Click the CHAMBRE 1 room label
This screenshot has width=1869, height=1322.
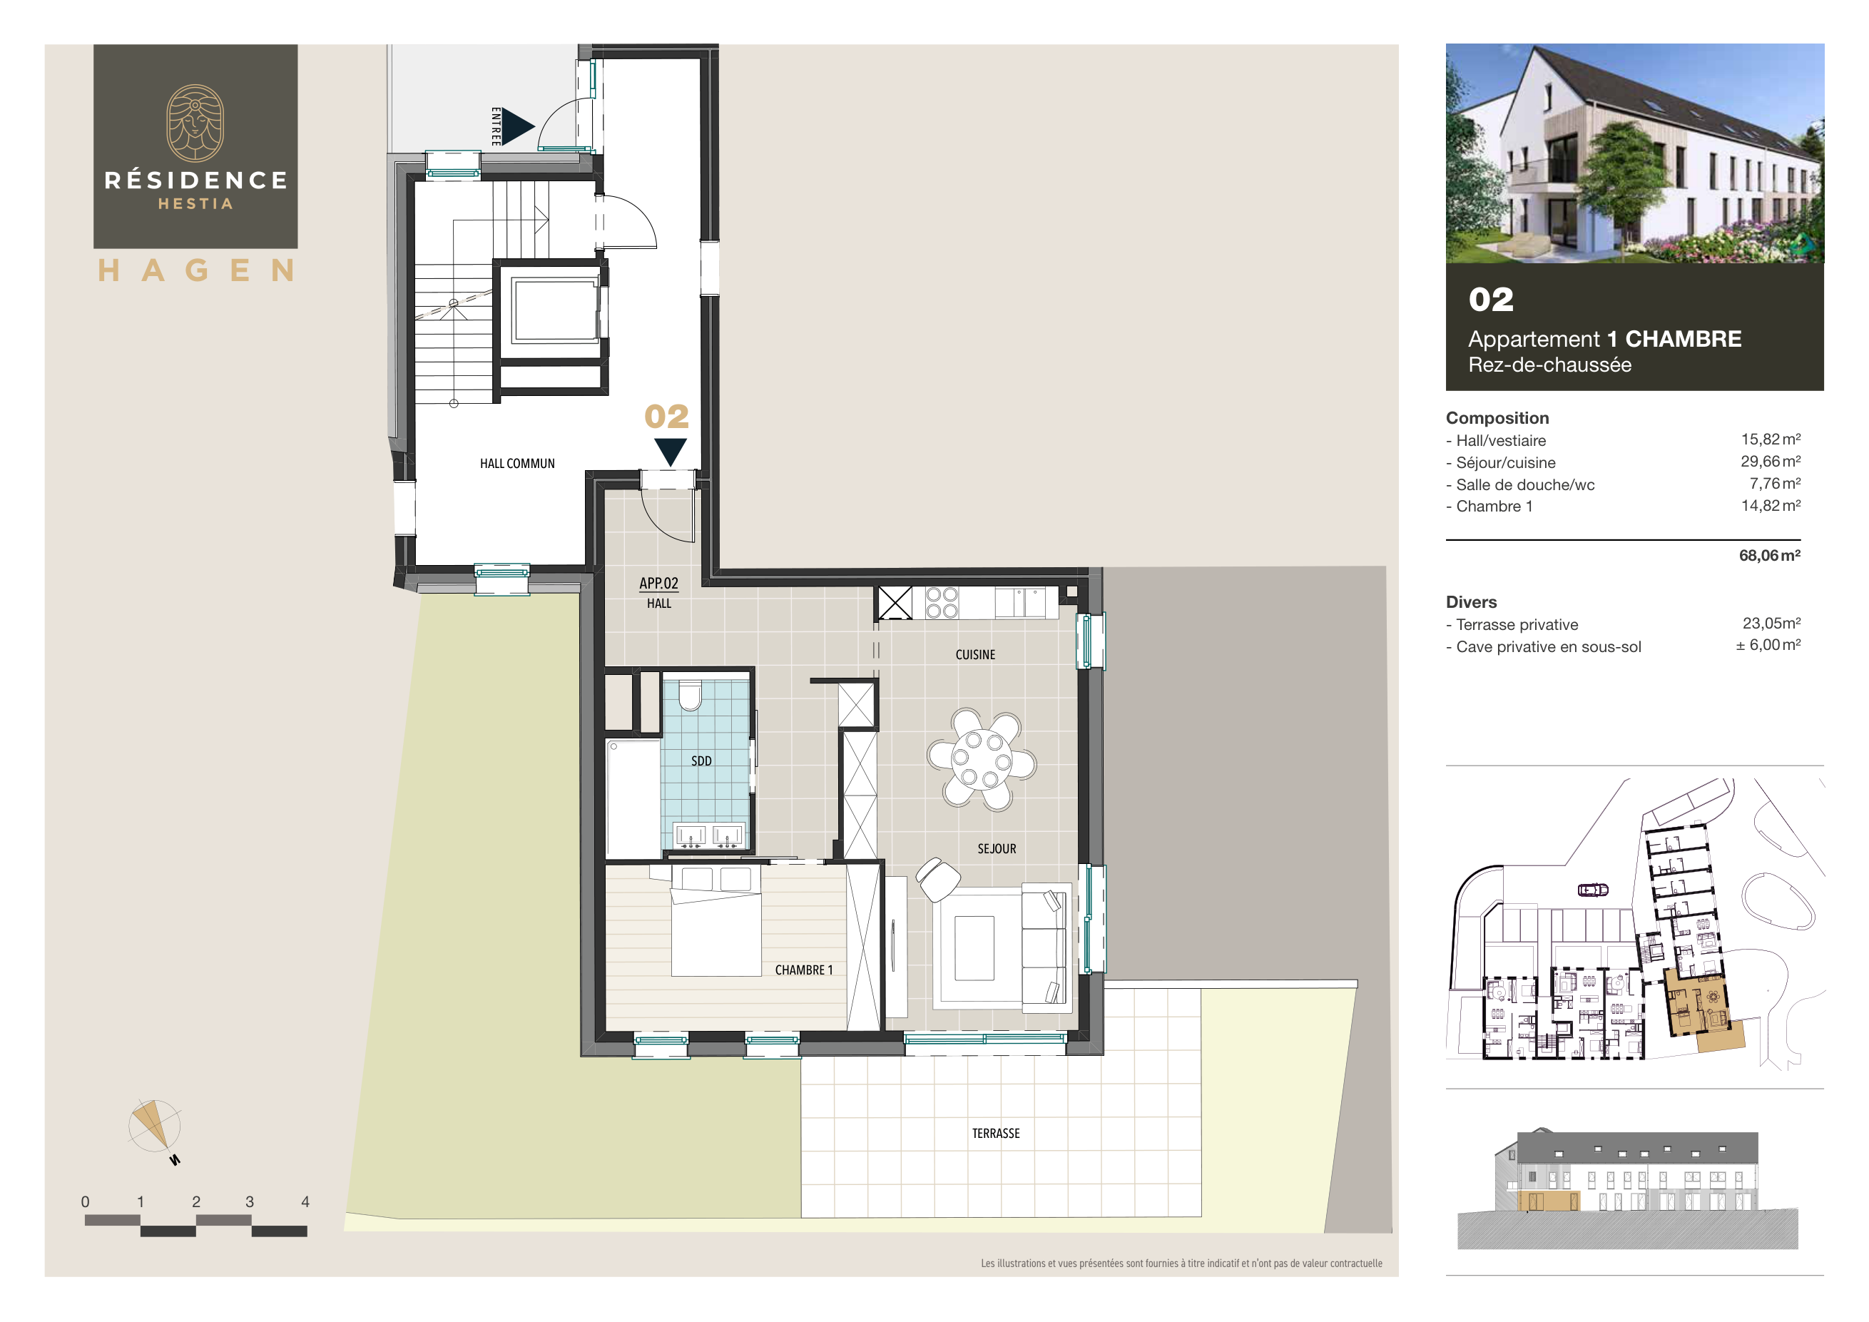pos(803,970)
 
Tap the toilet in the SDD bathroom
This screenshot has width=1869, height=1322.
pos(690,696)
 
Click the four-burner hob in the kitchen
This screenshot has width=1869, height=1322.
pos(942,603)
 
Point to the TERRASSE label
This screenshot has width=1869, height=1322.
pos(996,1133)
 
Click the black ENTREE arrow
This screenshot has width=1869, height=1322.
pos(516,126)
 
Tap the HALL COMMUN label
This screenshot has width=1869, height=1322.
pos(517,463)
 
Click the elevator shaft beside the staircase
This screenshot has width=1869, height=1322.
pos(555,310)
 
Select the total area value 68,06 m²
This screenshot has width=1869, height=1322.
pos(1769,555)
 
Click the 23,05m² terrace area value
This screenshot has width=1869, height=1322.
pos(1771,623)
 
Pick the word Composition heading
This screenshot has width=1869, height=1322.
pos(1497,417)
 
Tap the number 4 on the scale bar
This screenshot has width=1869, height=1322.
pos(305,1201)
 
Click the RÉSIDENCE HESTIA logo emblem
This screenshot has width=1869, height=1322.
pos(195,123)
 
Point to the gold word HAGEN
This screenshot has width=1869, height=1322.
pos(195,270)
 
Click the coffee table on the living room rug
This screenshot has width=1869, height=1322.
pos(974,947)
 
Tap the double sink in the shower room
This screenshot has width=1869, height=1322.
pos(708,836)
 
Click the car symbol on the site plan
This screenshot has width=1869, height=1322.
pos(1593,890)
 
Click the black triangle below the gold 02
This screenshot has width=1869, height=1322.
pos(670,451)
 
